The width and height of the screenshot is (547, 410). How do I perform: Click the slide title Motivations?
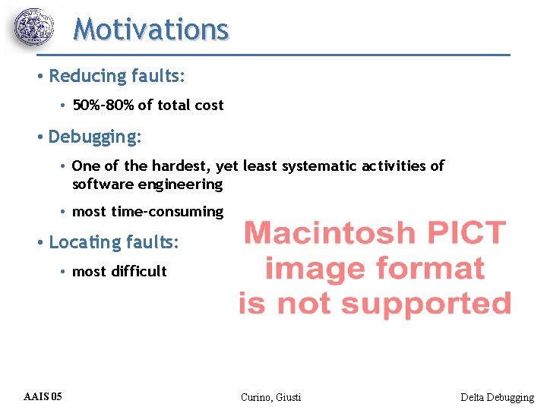coord(150,30)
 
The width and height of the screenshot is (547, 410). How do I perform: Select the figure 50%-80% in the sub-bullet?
coord(103,106)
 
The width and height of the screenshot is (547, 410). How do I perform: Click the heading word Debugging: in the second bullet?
coord(94,137)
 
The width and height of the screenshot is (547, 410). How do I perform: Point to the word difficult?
coord(138,271)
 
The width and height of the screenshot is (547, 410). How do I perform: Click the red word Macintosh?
coord(330,232)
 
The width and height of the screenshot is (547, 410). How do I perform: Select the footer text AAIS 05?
coord(43,396)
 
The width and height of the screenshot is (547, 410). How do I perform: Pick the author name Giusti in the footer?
coord(289,397)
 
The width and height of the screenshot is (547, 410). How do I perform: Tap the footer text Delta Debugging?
coord(497,397)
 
